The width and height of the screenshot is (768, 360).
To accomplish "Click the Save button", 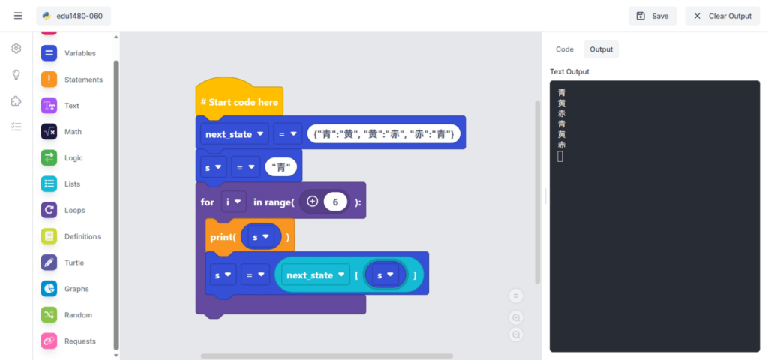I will coord(652,16).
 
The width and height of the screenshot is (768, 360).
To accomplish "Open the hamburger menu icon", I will coord(18,16).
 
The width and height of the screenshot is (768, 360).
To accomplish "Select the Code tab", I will coord(564,49).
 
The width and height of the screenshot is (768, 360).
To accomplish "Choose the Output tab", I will coord(601,49).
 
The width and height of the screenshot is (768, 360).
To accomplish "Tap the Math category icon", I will coord(49,132).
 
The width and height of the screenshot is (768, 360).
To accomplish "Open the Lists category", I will coord(71,184).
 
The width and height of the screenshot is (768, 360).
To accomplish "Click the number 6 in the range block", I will coord(336,202).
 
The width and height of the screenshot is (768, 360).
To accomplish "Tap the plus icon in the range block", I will coord(313,202).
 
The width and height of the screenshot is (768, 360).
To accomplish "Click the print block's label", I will coord(223,237).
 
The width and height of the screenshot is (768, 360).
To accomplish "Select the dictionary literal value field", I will coord(383,133).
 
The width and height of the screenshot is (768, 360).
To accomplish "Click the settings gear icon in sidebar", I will coord(16,49).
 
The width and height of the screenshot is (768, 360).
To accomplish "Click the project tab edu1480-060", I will coord(73,16).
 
